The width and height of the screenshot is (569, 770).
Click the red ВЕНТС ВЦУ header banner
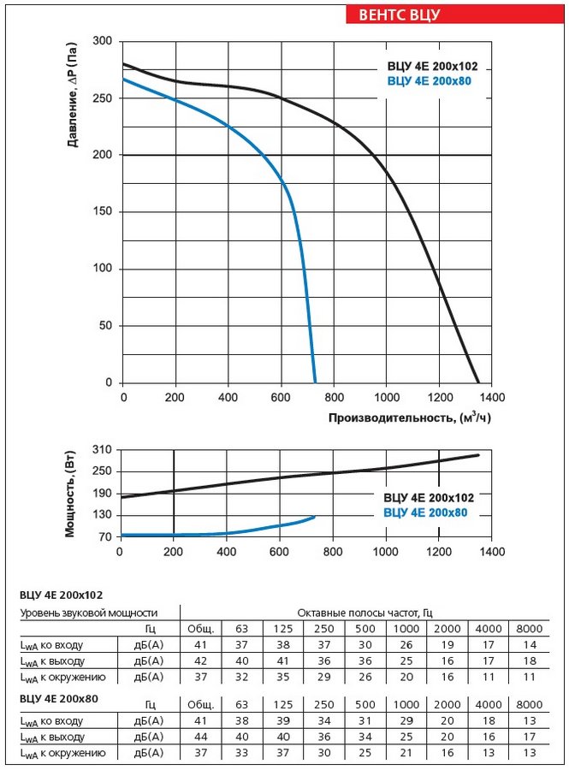(x=455, y=15)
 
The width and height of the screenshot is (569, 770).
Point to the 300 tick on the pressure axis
(x=102, y=41)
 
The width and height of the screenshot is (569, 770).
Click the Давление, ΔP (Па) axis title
(x=72, y=95)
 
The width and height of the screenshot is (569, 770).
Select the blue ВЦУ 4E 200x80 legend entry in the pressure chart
(x=429, y=81)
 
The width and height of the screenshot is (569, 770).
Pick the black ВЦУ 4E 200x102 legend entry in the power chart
(x=429, y=497)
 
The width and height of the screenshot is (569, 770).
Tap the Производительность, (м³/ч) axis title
(x=410, y=418)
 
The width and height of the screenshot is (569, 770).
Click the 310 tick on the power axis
(x=102, y=450)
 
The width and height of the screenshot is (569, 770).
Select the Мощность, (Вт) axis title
(x=71, y=493)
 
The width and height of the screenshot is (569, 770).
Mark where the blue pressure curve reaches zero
(x=315, y=382)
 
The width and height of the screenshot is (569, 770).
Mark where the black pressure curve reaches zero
(x=477, y=382)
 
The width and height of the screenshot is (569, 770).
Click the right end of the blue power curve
(x=314, y=517)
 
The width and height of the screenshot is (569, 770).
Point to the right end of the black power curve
(x=477, y=455)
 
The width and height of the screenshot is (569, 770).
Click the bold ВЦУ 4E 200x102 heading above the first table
(x=62, y=595)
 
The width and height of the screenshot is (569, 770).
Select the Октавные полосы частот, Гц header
(x=365, y=613)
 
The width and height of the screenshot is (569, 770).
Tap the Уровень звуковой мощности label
(x=89, y=613)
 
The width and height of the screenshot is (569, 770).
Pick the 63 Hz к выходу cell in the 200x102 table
(x=241, y=661)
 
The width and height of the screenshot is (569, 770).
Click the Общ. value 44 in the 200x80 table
(x=201, y=737)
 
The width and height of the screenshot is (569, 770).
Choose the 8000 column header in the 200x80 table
(x=530, y=705)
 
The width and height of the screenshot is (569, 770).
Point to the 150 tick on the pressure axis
(x=102, y=211)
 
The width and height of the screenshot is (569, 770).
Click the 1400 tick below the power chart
(x=492, y=552)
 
